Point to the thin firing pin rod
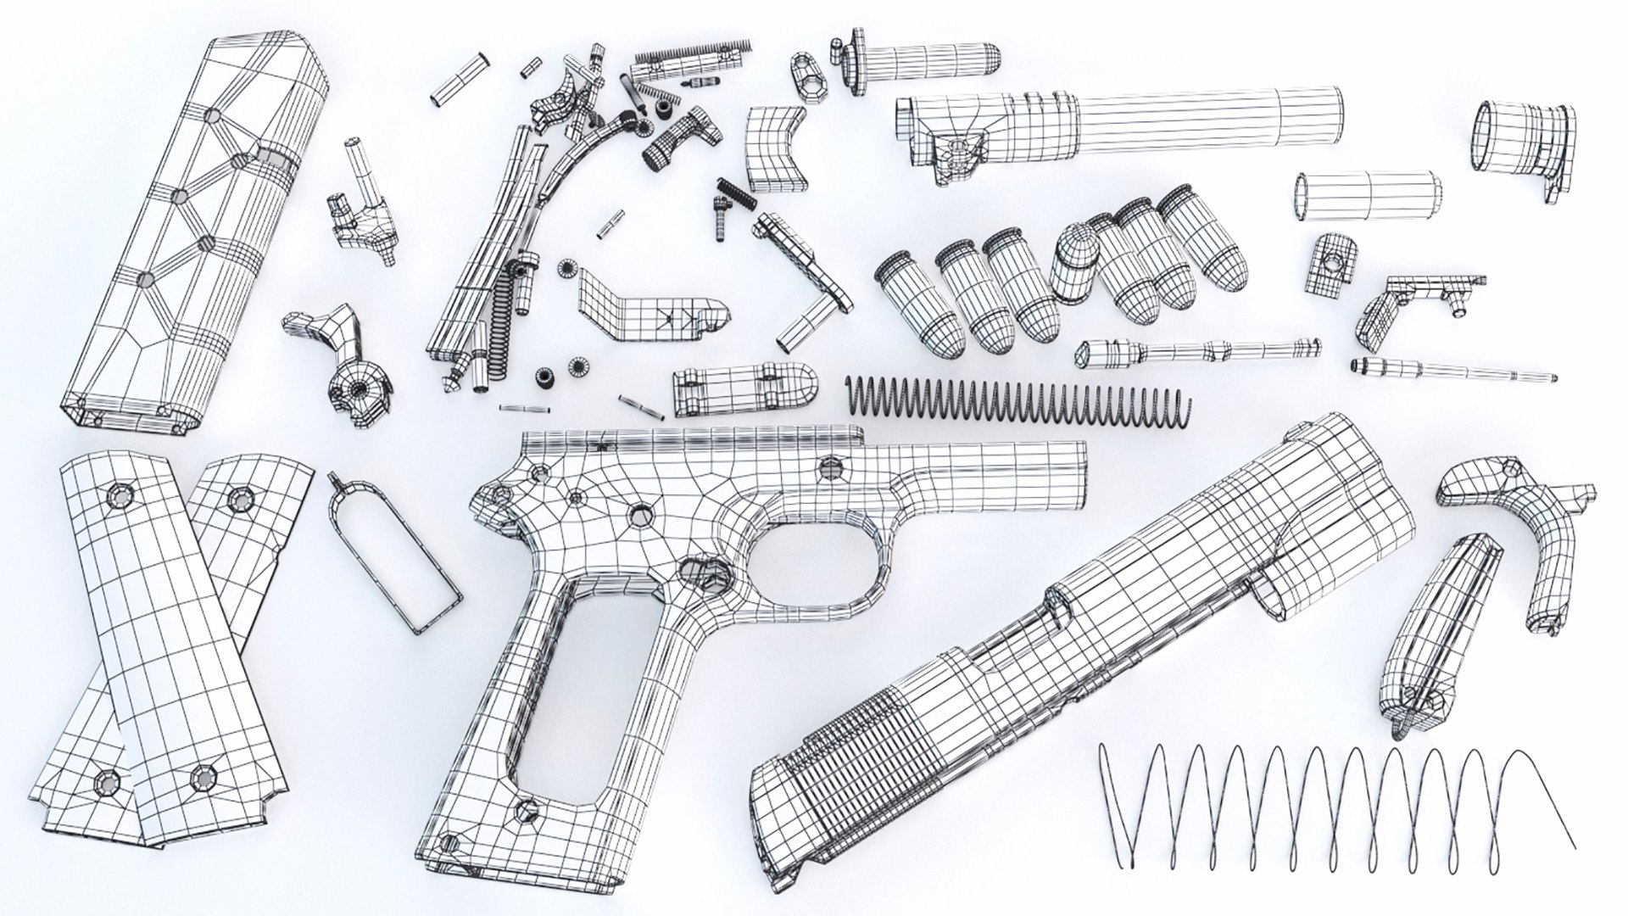(x=1450, y=371)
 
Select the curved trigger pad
(x=773, y=148)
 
